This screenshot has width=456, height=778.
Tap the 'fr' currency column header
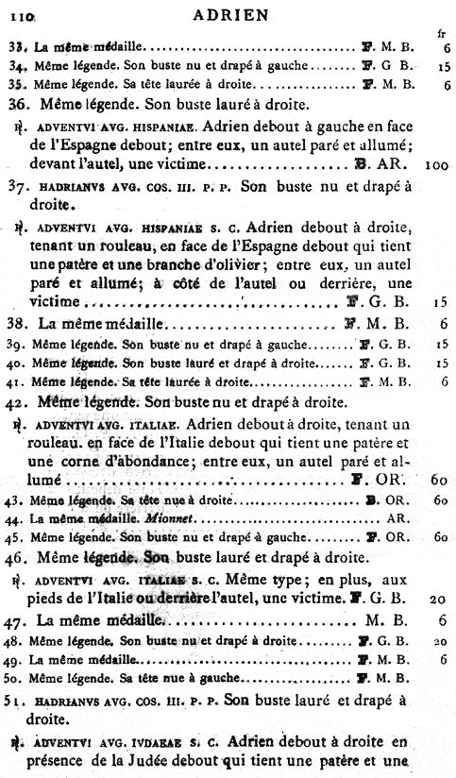point(441,33)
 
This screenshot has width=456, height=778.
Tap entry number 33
point(16,46)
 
